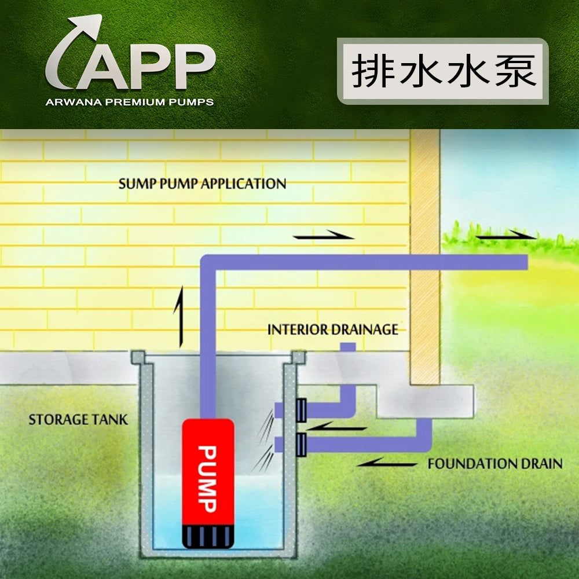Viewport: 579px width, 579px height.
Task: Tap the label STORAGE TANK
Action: coord(78,419)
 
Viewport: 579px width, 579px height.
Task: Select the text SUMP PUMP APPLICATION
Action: coord(202,184)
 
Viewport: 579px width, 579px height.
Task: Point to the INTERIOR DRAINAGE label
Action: coord(332,330)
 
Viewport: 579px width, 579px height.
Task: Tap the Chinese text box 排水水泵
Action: coord(444,71)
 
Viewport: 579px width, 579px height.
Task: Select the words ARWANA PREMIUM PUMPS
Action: coord(130,102)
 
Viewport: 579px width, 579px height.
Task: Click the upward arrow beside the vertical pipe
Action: coord(181,315)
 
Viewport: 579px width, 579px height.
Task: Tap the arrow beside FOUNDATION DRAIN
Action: coord(387,463)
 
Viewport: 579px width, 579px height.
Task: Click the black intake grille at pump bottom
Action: coord(208,536)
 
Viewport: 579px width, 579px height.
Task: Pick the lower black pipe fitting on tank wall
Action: coord(301,445)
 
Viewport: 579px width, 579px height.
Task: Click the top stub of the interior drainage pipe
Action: coord(347,347)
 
